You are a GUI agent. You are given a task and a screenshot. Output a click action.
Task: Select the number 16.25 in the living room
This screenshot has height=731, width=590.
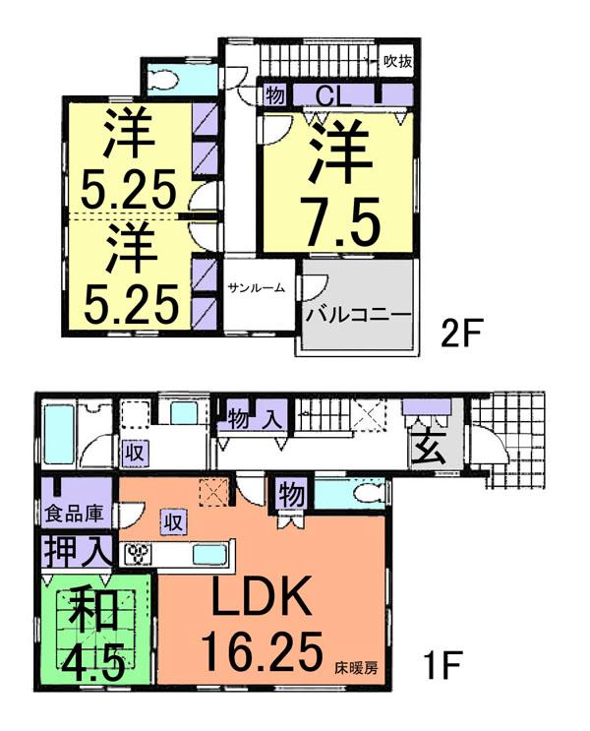point(261,648)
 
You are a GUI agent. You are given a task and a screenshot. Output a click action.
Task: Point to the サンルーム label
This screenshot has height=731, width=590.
point(257,288)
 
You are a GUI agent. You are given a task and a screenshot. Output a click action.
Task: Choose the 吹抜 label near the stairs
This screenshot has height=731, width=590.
point(397,61)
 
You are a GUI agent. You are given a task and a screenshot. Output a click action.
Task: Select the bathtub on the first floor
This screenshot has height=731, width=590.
point(59,437)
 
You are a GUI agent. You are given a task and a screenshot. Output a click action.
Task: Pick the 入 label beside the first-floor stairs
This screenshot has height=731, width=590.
point(272,415)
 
